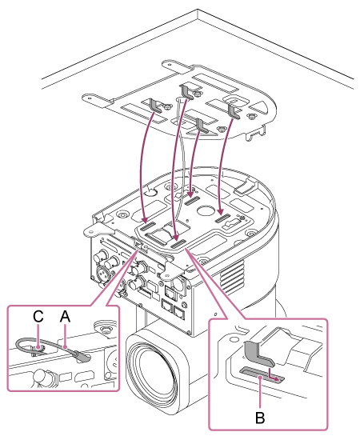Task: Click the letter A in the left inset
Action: click(65, 317)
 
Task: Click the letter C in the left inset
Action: click(38, 317)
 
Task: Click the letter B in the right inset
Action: click(260, 418)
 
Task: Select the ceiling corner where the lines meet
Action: click(198, 10)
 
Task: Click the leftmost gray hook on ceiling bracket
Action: click(155, 106)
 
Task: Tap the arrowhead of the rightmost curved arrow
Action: click(221, 210)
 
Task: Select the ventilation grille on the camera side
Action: click(231, 277)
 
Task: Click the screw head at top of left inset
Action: click(106, 328)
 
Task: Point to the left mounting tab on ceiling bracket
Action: click(94, 100)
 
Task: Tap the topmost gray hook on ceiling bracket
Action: click(186, 92)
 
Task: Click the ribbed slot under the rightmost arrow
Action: click(222, 218)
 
